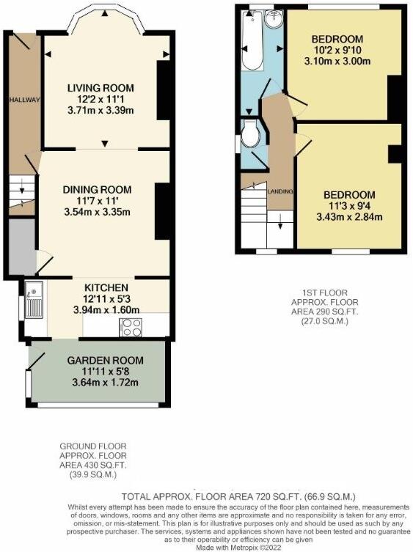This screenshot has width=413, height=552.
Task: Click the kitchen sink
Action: (34, 301)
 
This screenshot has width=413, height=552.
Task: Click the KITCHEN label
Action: (106, 287)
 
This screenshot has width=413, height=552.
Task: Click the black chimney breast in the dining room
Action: (160, 210)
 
